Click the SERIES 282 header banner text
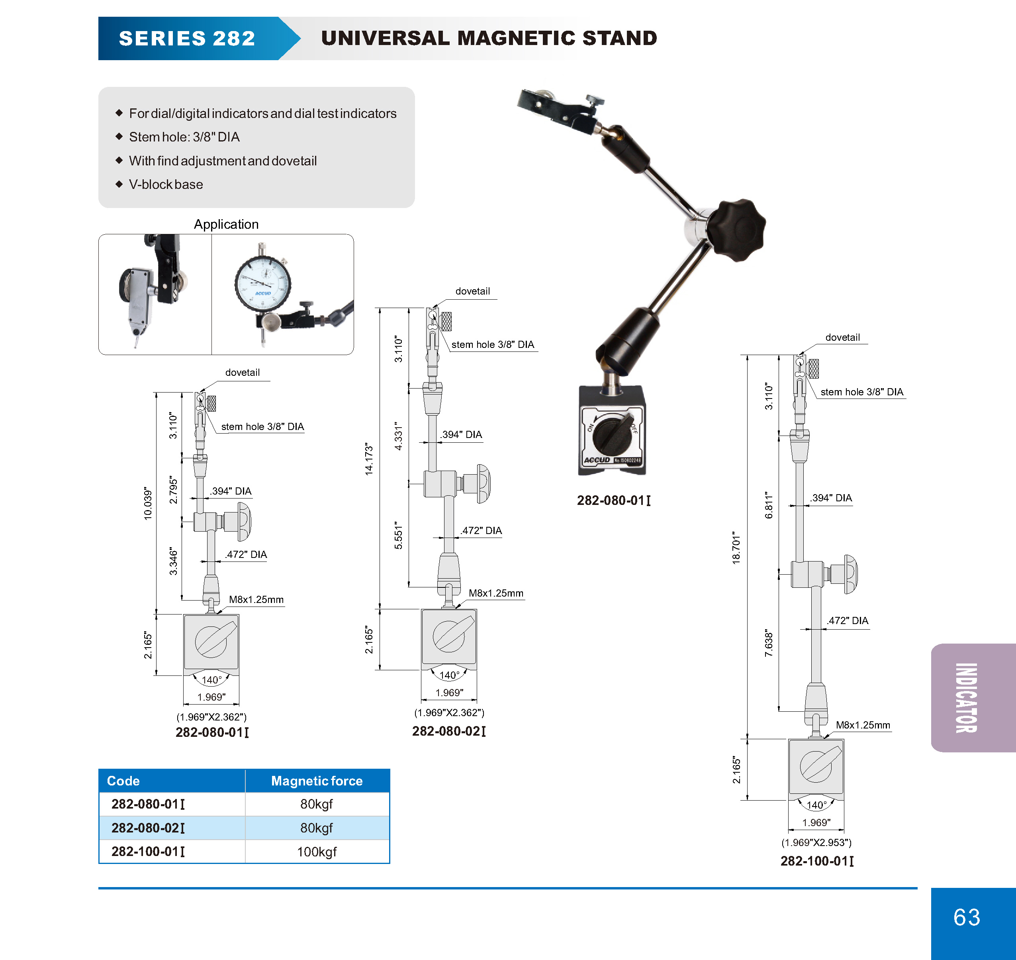tap(187, 38)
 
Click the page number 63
tap(966, 917)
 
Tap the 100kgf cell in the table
tap(317, 852)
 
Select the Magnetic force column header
tap(317, 781)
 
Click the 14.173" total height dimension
tap(369, 459)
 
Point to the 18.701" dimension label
tap(736, 548)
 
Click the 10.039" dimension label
tap(148, 504)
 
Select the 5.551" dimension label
tap(398, 535)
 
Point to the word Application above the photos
tap(226, 224)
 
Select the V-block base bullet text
tap(166, 184)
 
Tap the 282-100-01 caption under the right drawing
tap(816, 861)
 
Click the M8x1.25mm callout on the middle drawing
tap(495, 593)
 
